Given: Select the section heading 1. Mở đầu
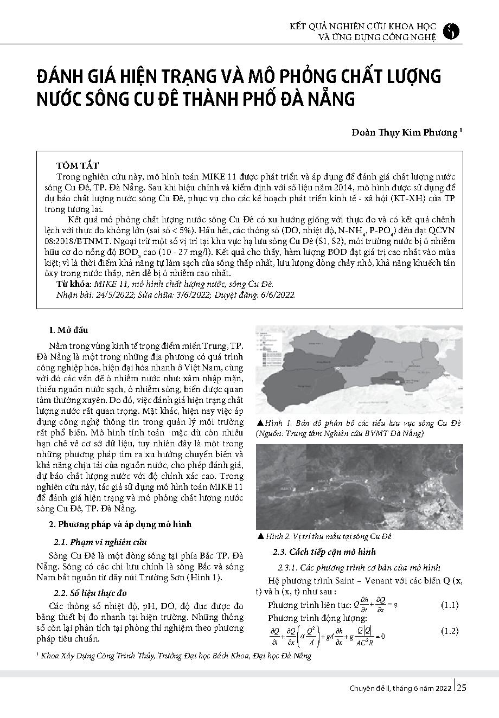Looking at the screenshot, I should (68, 330).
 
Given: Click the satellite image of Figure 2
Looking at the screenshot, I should (359, 486).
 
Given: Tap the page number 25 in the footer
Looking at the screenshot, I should (462, 688).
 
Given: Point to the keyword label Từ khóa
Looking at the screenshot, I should (74, 284).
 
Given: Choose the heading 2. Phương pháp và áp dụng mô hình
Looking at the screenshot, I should (120, 524).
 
